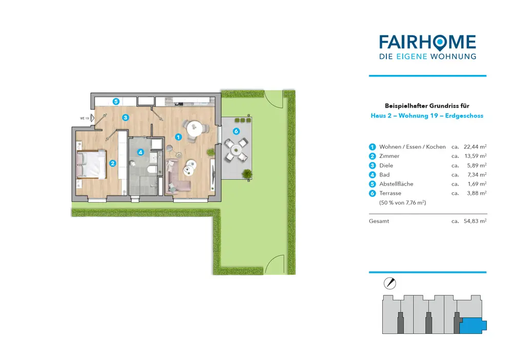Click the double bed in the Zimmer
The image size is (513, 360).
(91, 165)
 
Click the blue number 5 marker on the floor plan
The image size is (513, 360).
(116, 102)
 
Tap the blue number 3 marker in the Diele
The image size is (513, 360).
(125, 117)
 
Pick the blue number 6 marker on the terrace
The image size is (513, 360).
(236, 131)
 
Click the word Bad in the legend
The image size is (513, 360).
(384, 174)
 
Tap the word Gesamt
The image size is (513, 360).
(379, 221)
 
